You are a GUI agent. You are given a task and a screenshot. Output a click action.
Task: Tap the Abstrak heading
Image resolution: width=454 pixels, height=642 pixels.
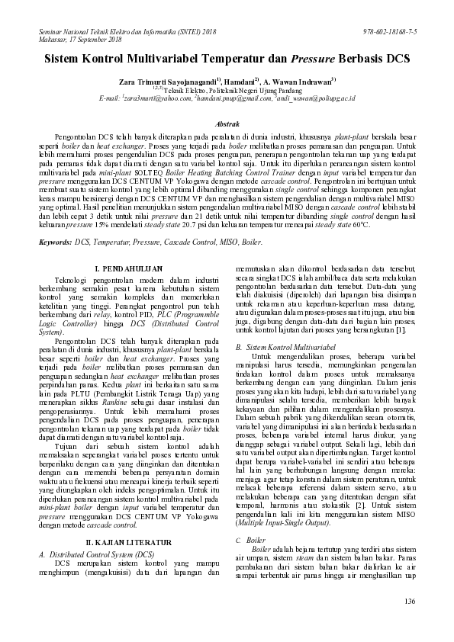[227, 124]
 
